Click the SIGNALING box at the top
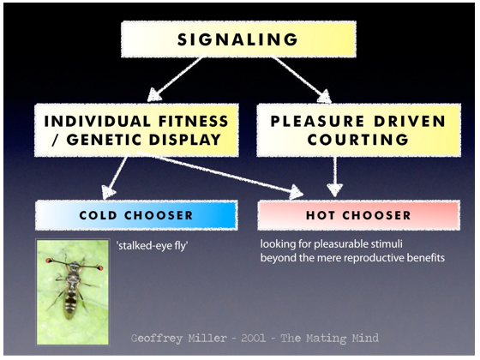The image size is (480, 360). click(x=238, y=39)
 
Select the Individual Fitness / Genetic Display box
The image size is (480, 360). click(x=136, y=130)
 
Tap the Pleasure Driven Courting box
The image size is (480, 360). click(x=358, y=130)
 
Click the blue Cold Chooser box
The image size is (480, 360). click(x=136, y=215)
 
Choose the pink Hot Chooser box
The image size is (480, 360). click(x=358, y=215)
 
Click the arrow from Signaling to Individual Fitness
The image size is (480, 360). click(x=176, y=79)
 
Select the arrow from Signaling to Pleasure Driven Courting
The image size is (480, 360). click(x=302, y=79)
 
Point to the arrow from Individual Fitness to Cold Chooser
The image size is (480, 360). click(x=115, y=177)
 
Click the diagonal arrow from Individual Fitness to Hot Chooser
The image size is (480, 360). click(x=219, y=175)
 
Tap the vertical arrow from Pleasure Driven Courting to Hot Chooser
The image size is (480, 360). click(x=335, y=177)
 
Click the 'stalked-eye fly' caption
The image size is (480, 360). click(x=153, y=245)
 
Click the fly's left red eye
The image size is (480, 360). click(x=48, y=261)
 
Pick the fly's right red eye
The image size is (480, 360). click(x=99, y=268)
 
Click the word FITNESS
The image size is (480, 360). click(x=194, y=121)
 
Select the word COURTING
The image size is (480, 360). click(x=358, y=140)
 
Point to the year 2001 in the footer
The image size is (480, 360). click(x=253, y=339)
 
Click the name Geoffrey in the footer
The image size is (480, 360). click(x=157, y=339)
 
